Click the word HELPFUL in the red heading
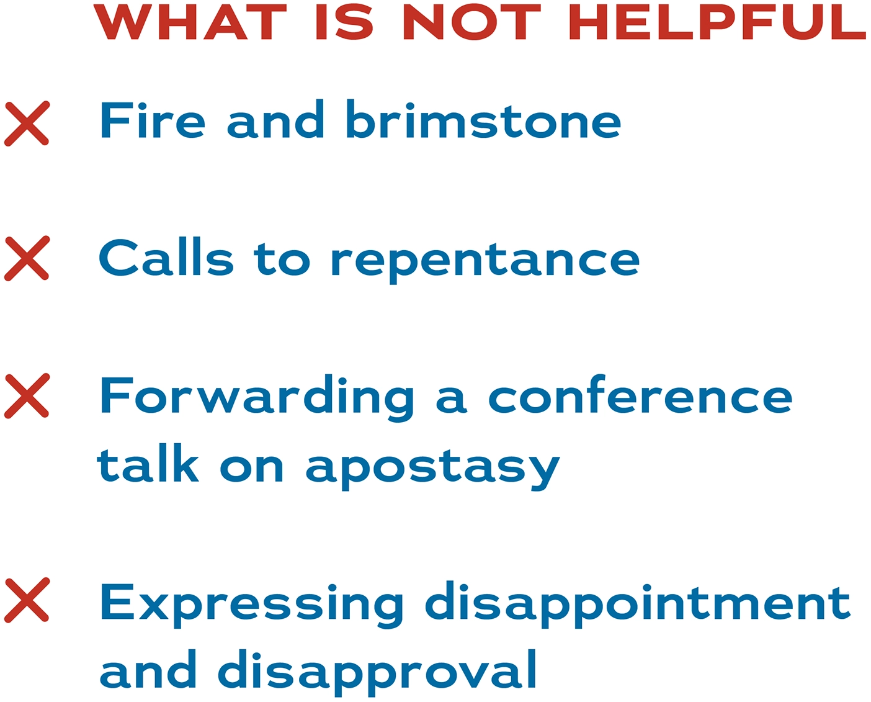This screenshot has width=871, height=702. tap(717, 22)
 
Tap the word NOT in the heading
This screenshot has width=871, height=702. tap(471, 22)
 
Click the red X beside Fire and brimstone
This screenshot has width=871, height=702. tap(27, 124)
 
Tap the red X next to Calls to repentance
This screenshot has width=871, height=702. tap(27, 258)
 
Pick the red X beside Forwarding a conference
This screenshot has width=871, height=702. tap(27, 395)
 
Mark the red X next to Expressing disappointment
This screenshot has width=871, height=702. tap(27, 600)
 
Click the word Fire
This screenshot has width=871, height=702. tap(153, 120)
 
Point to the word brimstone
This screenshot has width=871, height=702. tap(483, 120)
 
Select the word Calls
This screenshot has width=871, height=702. tap(166, 258)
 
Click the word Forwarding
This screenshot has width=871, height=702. tap(257, 397)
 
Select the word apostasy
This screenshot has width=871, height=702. tap(432, 469)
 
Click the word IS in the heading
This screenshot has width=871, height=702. tap(344, 22)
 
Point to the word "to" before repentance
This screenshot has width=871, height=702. tap(282, 259)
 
